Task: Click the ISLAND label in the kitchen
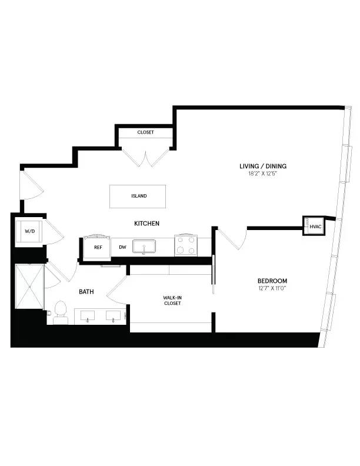tap(139, 196)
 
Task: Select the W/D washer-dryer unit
tap(29, 231)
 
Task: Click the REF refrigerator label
tap(98, 247)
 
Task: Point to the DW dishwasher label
tap(122, 247)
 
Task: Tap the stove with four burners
tap(186, 245)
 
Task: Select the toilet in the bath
tap(61, 312)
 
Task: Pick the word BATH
tap(88, 291)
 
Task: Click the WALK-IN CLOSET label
tap(172, 301)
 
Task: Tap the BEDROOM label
tap(272, 281)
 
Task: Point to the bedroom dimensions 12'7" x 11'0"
tap(272, 288)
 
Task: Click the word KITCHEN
tap(147, 223)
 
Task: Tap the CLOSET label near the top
tap(145, 132)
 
